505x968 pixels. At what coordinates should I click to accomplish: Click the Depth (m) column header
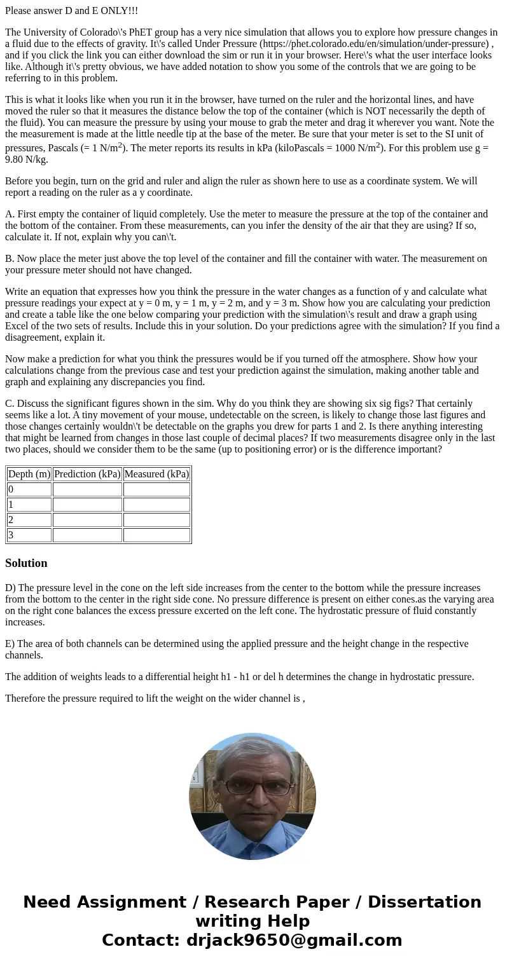click(29, 474)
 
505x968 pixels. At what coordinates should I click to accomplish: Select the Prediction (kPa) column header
click(87, 474)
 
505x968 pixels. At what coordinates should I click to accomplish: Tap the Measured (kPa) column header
click(157, 474)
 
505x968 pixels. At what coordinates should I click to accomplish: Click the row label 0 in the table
click(11, 489)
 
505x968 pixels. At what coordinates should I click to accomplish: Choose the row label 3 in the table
click(11, 535)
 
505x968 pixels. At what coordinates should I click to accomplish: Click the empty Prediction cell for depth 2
click(87, 520)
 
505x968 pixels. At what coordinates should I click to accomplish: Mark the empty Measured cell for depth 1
click(157, 505)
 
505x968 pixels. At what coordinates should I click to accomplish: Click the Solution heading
click(26, 563)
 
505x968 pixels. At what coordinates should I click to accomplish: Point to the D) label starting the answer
click(11, 588)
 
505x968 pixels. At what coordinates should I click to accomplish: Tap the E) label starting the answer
click(11, 644)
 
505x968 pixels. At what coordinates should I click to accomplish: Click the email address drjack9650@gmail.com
click(294, 941)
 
